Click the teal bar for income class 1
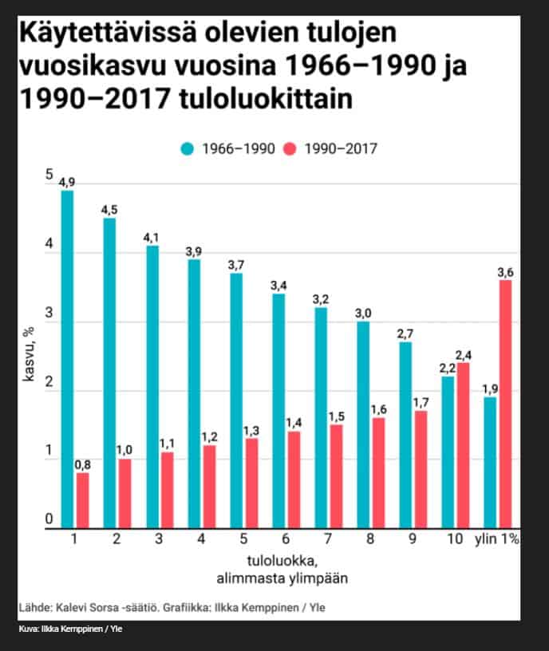[67, 359]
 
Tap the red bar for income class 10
[462, 445]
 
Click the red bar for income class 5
[251, 483]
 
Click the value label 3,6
[504, 273]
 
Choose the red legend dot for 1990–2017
[290, 148]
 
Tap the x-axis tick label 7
[327, 540]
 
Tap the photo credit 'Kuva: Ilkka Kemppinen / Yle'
[70, 629]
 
